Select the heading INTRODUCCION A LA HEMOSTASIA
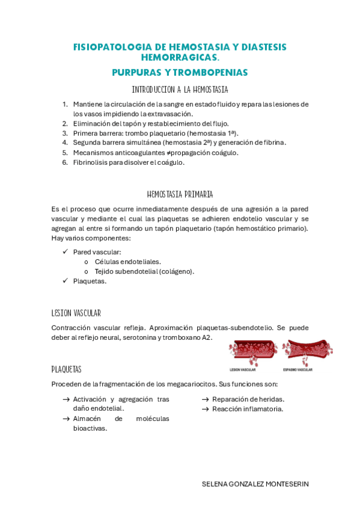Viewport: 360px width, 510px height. coord(180,90)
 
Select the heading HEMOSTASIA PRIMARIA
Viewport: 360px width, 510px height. coord(180,194)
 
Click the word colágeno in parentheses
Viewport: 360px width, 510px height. coord(178,271)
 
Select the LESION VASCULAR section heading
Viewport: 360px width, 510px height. coord(76,313)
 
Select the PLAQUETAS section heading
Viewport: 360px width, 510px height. coord(66,369)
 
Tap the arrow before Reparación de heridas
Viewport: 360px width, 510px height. coord(205,399)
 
